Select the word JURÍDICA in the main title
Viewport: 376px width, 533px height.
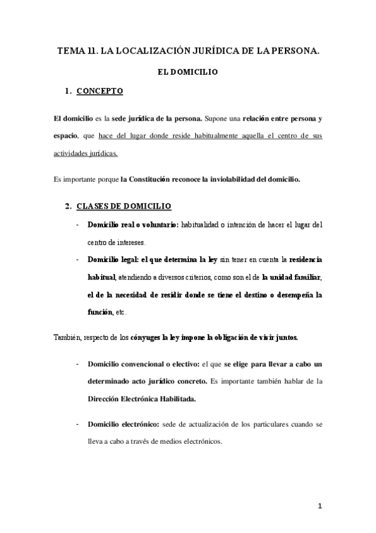coord(203,52)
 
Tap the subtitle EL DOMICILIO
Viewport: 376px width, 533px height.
coord(187,72)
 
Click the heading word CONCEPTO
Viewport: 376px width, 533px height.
coord(100,92)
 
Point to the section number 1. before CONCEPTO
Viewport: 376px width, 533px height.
coord(68,92)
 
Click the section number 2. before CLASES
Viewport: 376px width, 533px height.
coord(68,206)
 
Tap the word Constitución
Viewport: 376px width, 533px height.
coord(149,179)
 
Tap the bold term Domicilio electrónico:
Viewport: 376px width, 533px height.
coord(124,425)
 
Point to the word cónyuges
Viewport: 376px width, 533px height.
coord(145,338)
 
